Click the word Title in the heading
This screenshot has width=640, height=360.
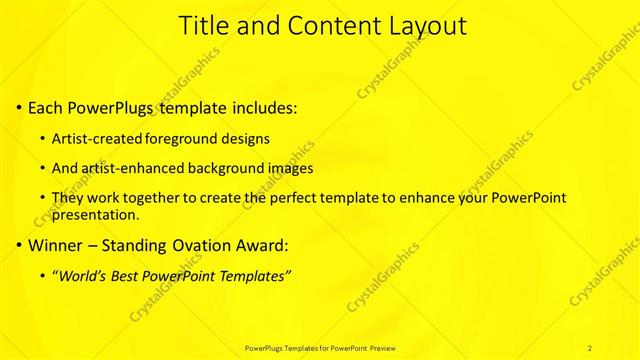click(x=200, y=27)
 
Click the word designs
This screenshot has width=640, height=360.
click(x=247, y=137)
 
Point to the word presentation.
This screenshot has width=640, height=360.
click(x=95, y=214)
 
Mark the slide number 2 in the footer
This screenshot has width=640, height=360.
click(x=590, y=347)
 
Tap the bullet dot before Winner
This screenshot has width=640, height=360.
click(x=20, y=245)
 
